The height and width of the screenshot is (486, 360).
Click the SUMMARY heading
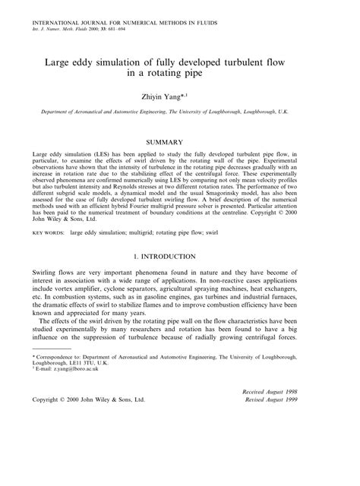tap(180, 141)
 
